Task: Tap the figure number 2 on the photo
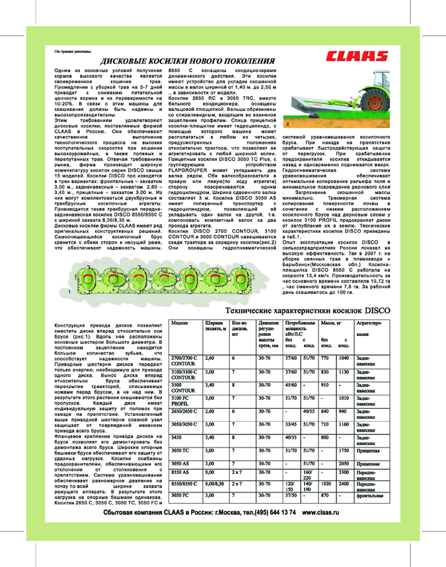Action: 288,123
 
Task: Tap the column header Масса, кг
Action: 330,323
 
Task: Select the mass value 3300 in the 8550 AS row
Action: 343,473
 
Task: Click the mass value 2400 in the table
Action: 343,484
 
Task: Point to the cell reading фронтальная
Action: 370,494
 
